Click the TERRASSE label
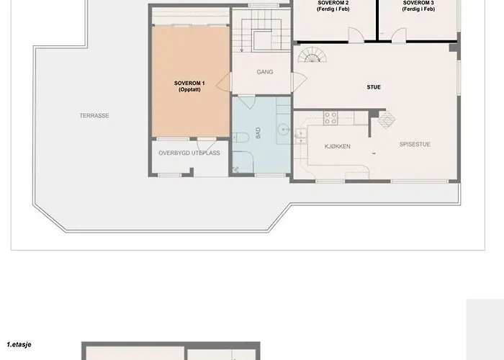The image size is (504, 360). [x=94, y=116]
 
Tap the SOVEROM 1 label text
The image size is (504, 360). [x=189, y=84]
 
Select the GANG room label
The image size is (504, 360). [x=265, y=72]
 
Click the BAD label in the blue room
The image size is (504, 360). [x=258, y=132]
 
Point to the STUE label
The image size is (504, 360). [x=374, y=87]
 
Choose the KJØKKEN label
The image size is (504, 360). [x=337, y=147]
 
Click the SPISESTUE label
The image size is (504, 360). [x=415, y=144]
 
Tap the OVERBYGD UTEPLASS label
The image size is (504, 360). [x=189, y=153]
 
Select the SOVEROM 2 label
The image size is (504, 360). [x=333, y=3]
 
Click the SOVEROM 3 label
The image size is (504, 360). [x=418, y=3]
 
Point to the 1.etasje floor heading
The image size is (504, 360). [x=19, y=345]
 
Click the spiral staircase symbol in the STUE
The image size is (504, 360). [x=312, y=55]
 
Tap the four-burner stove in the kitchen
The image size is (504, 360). [x=330, y=117]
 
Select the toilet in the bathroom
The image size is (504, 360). [x=240, y=138]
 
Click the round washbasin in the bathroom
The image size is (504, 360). [x=284, y=129]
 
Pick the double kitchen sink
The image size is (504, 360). [x=301, y=135]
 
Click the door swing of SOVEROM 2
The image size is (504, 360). [x=356, y=35]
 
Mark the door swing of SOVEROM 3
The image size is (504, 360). [x=399, y=35]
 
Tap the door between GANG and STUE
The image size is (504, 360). [x=299, y=81]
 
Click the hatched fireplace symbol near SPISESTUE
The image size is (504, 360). [x=387, y=120]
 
